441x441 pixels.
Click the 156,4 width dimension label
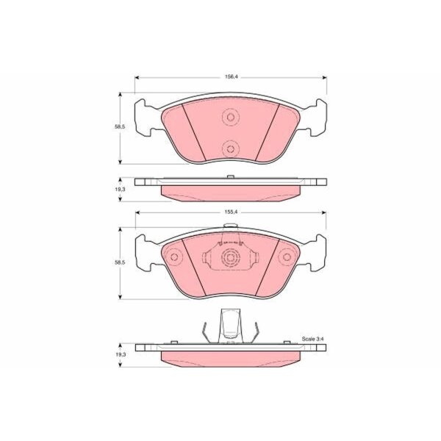point(231,76)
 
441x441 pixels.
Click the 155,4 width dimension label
point(231,212)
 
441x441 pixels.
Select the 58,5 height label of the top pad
point(120,127)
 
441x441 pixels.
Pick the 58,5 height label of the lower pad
point(120,262)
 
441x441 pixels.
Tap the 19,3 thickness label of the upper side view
point(120,190)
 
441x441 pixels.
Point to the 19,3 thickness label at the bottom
point(121,354)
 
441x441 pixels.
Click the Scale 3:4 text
point(313,339)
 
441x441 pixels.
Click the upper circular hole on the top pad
point(231,117)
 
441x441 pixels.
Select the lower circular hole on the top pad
point(231,148)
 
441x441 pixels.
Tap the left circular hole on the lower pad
point(174,257)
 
